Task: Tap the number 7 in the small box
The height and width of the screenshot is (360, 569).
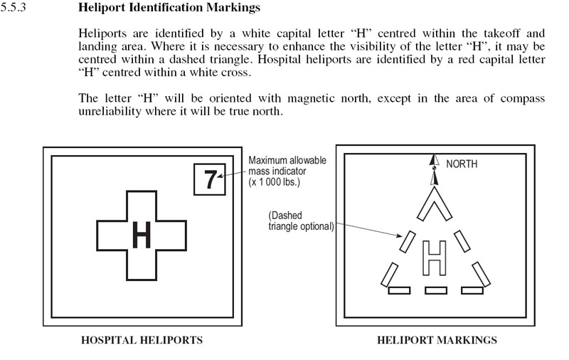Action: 210,180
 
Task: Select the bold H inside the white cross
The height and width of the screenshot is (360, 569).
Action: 142,235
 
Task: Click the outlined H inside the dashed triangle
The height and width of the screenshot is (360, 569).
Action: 433,258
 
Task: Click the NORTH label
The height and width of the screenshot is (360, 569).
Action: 462,164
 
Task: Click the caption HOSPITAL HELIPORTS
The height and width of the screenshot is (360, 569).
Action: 142,340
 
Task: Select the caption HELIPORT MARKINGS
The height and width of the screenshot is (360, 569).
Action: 436,340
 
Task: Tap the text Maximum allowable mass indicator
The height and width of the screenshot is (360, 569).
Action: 287,166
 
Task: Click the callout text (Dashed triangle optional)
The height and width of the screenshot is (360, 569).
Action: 299,221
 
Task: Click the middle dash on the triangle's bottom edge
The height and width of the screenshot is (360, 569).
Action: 435,290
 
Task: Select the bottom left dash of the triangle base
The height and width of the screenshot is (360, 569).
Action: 398,290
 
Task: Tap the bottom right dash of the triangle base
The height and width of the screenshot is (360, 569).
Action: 472,290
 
